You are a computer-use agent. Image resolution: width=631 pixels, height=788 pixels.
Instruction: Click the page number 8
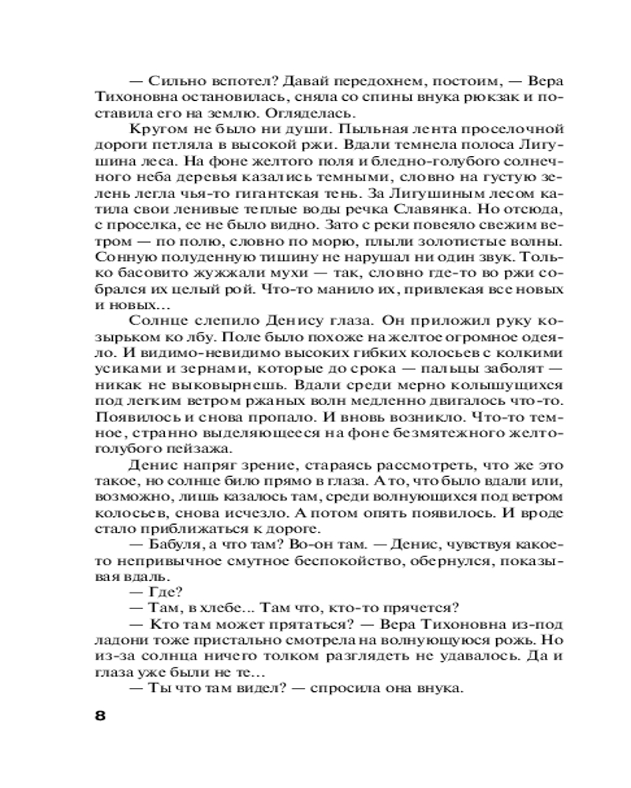100,716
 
